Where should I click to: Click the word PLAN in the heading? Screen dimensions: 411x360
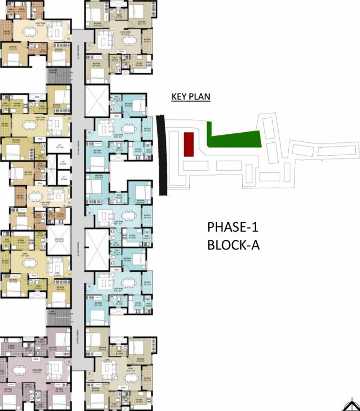point(200,97)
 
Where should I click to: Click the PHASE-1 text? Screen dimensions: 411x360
point(233,227)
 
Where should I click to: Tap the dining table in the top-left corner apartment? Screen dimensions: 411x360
point(24,31)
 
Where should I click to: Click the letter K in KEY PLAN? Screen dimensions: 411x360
point(174,97)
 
